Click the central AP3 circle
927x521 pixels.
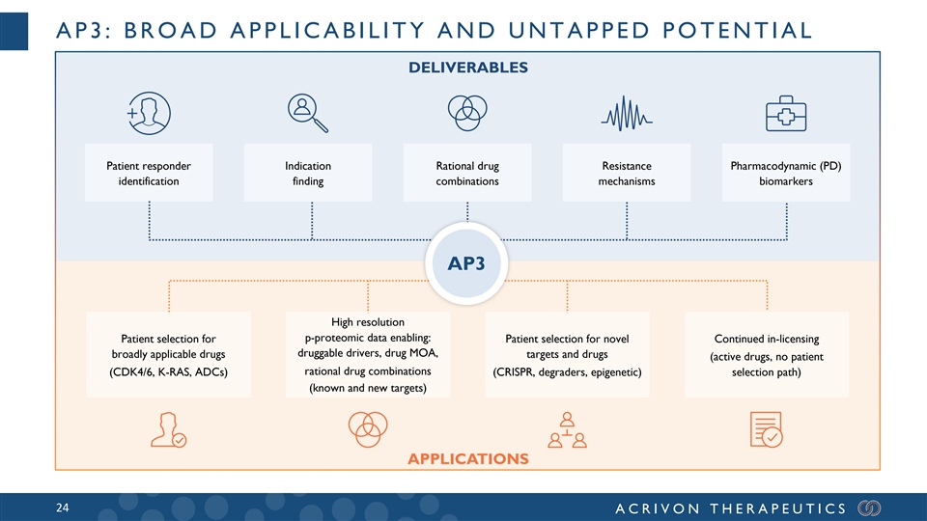pos(466,263)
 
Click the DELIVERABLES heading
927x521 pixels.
pos(468,68)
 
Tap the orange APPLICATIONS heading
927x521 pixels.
pos(468,459)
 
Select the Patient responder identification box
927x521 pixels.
pos(149,173)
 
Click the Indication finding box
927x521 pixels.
pos(308,173)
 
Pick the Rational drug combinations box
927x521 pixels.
pos(467,173)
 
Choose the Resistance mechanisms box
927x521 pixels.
pos(627,173)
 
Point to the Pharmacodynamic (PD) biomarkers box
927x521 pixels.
pos(786,173)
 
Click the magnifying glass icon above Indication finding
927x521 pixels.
pos(307,113)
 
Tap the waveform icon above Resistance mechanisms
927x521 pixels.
pos(627,114)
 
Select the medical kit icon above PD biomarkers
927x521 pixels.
pos(786,114)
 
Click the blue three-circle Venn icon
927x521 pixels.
pos(467,113)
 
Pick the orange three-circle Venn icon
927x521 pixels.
pos(368,428)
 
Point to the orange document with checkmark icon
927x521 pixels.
pos(766,429)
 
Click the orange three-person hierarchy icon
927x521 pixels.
pos(567,429)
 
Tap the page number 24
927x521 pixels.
pos(62,508)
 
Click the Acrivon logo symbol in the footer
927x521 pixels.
pos(869,508)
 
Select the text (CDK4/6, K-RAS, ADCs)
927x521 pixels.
pos(168,372)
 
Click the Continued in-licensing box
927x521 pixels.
pos(767,354)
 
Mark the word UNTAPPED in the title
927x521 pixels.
pos(578,30)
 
